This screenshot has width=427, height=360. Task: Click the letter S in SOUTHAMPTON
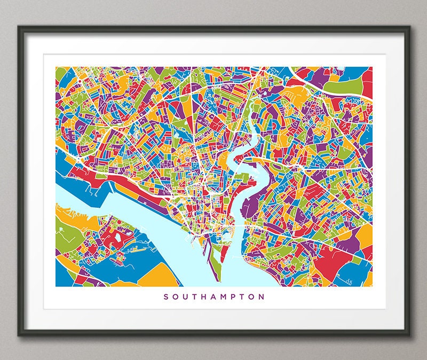tap(166, 296)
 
